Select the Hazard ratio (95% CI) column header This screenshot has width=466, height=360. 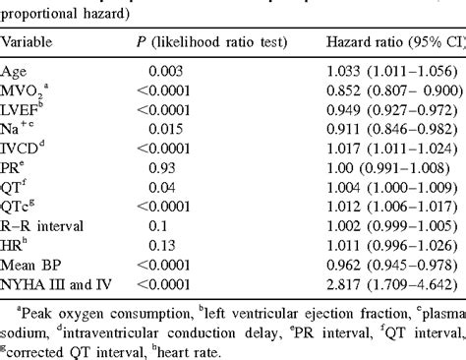coord(393,43)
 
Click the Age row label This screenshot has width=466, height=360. coord(15,71)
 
